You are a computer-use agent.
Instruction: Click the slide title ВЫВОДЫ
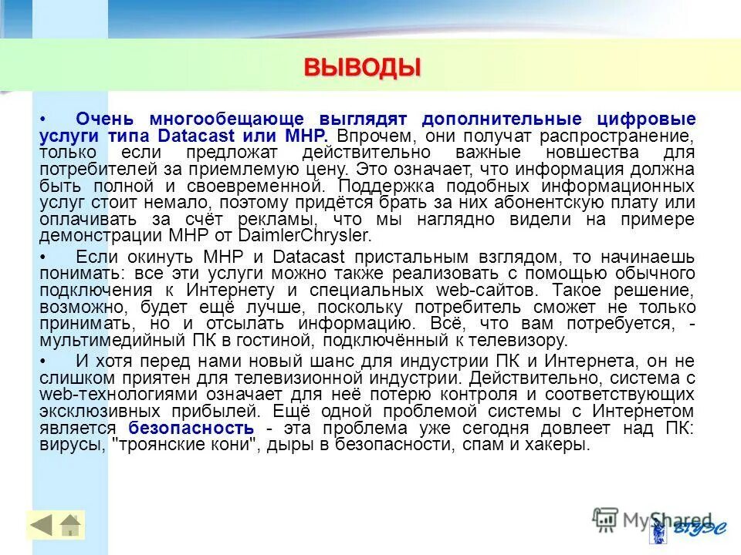pyautogui.click(x=362, y=67)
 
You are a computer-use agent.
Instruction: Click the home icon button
pyautogui.click(x=70, y=525)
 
